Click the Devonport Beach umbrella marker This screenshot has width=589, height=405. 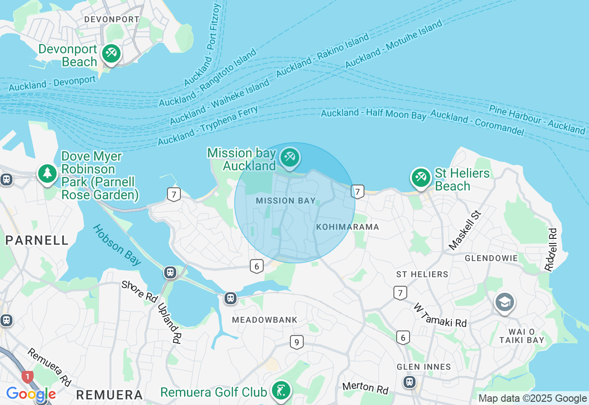(x=111, y=53)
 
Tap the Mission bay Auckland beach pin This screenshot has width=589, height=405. (x=289, y=157)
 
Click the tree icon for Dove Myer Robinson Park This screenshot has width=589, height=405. (x=47, y=174)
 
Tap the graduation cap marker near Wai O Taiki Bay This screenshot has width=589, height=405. (x=505, y=302)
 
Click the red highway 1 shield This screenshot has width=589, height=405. (x=28, y=377)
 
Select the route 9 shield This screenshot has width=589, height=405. (x=297, y=342)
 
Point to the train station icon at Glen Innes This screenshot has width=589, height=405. (x=409, y=382)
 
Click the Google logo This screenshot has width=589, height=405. (x=31, y=394)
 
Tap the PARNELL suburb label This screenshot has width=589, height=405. (x=37, y=240)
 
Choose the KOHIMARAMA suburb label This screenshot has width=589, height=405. (x=347, y=227)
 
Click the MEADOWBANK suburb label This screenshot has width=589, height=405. (x=265, y=319)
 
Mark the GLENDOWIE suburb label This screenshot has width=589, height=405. (x=491, y=258)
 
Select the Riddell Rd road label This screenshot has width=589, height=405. (x=551, y=249)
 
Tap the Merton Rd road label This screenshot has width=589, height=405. (x=365, y=388)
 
